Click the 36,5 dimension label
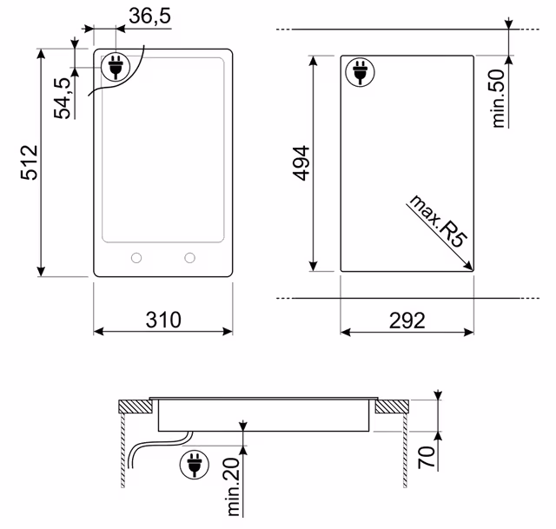coord(149,16)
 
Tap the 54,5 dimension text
coord(63,98)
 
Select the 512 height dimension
coord(29,162)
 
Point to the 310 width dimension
coord(163,320)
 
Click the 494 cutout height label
coord(301,163)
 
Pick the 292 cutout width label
coord(407,321)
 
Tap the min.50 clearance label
coord(498,98)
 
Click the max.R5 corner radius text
coord(438,221)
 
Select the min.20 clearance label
coord(234,486)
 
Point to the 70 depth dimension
coord(427,458)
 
